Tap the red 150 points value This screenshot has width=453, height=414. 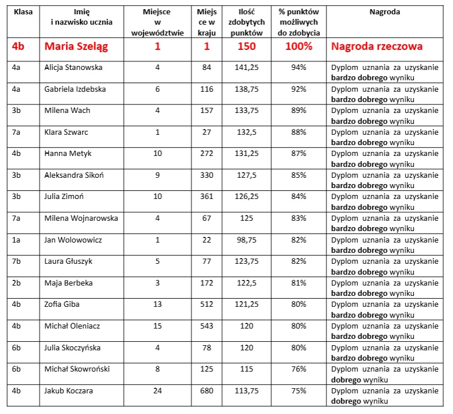pos(247,46)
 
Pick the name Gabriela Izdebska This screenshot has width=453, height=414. pos(75,89)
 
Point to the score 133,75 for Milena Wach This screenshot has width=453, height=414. pos(247,111)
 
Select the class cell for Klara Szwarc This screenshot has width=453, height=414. pos(17,132)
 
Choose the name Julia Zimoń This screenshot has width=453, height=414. pos(64,197)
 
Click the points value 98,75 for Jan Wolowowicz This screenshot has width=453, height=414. pos(247,240)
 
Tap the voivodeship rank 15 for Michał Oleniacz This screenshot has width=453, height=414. pos(158,326)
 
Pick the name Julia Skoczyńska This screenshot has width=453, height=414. pos(72,347)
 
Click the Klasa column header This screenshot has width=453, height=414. pos(23,11)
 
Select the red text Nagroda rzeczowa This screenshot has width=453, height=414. pos(377,46)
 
